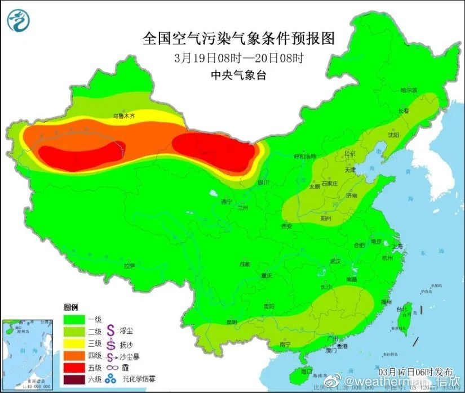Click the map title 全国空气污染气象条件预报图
239,38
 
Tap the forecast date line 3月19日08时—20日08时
239,57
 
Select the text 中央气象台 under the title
239,74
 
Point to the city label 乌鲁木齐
124,116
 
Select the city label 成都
245,264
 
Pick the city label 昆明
232,322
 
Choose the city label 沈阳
393,135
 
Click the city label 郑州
325,218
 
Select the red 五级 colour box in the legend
74,367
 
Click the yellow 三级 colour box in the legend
74,343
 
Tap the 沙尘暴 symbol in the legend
111,356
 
